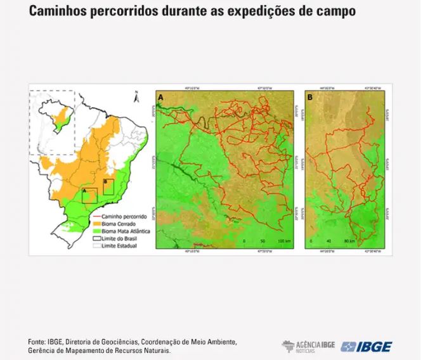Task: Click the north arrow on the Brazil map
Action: point(136,97)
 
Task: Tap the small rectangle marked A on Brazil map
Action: point(89,195)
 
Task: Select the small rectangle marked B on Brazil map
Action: point(108,186)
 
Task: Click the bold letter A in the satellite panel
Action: point(162,97)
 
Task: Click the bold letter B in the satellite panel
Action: point(309,97)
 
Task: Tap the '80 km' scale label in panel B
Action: point(348,241)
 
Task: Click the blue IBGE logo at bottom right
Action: point(366,346)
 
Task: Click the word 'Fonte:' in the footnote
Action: point(37,342)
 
